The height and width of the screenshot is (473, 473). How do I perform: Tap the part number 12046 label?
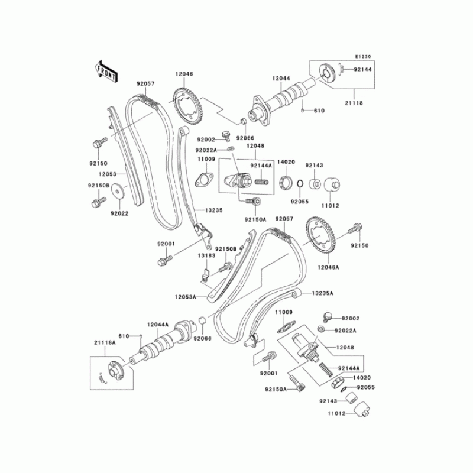point(183,74)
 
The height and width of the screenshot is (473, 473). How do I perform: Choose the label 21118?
point(355,103)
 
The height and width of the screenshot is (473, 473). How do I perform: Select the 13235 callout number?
point(213,210)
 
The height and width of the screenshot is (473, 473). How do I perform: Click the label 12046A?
point(329,267)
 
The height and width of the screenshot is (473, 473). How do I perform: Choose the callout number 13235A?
point(322,293)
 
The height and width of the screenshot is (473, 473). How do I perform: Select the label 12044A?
point(158,324)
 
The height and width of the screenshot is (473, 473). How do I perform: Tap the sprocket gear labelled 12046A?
point(323,236)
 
